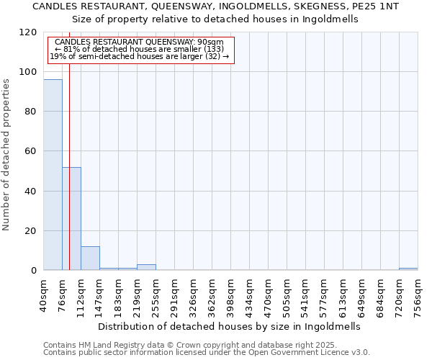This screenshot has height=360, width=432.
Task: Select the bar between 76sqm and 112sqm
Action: coord(71,219)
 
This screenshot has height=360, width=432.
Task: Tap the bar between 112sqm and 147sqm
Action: coord(90,258)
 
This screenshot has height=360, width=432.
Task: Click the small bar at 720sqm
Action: coord(408,269)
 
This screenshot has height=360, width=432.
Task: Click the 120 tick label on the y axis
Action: coord(28,32)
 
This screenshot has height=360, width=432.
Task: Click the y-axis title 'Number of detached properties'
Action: coord(7,156)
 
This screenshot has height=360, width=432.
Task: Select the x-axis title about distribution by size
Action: coord(228,326)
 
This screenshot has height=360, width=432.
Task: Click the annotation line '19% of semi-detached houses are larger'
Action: coord(140,55)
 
